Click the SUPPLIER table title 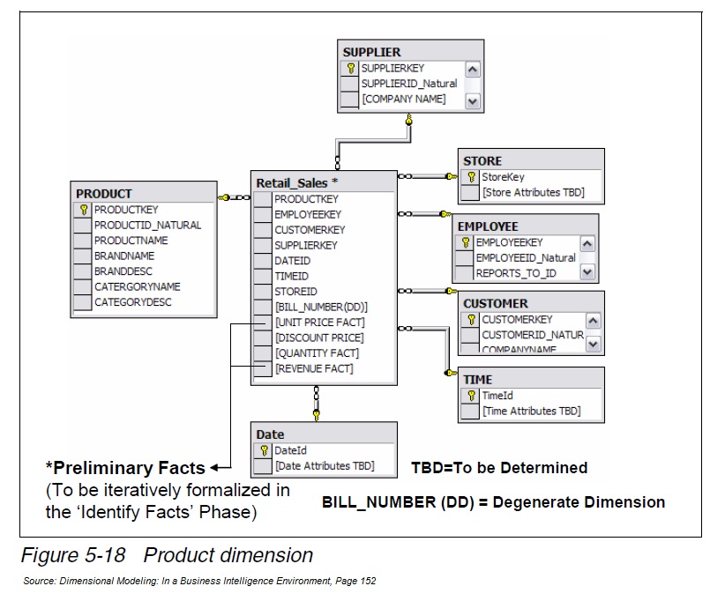pyautogui.click(x=371, y=52)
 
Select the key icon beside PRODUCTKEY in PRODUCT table pyautogui.click(x=84, y=210)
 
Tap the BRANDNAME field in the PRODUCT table pyautogui.click(x=123, y=256)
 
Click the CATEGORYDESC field pyautogui.click(x=132, y=302)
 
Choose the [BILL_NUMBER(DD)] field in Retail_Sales pyautogui.click(x=320, y=307)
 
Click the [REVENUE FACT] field pyautogui.click(x=313, y=368)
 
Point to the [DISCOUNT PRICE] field pyautogui.click(x=318, y=338)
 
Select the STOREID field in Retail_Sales pyautogui.click(x=295, y=291)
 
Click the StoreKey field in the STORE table pyautogui.click(x=503, y=177)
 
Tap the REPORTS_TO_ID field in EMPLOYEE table pyautogui.click(x=516, y=273)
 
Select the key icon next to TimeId pyautogui.click(x=471, y=397)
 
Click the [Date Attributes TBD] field pyautogui.click(x=324, y=465)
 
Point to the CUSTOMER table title pyautogui.click(x=496, y=303)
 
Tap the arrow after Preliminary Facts pyautogui.click(x=221, y=468)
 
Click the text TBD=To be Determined pyautogui.click(x=498, y=468)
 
